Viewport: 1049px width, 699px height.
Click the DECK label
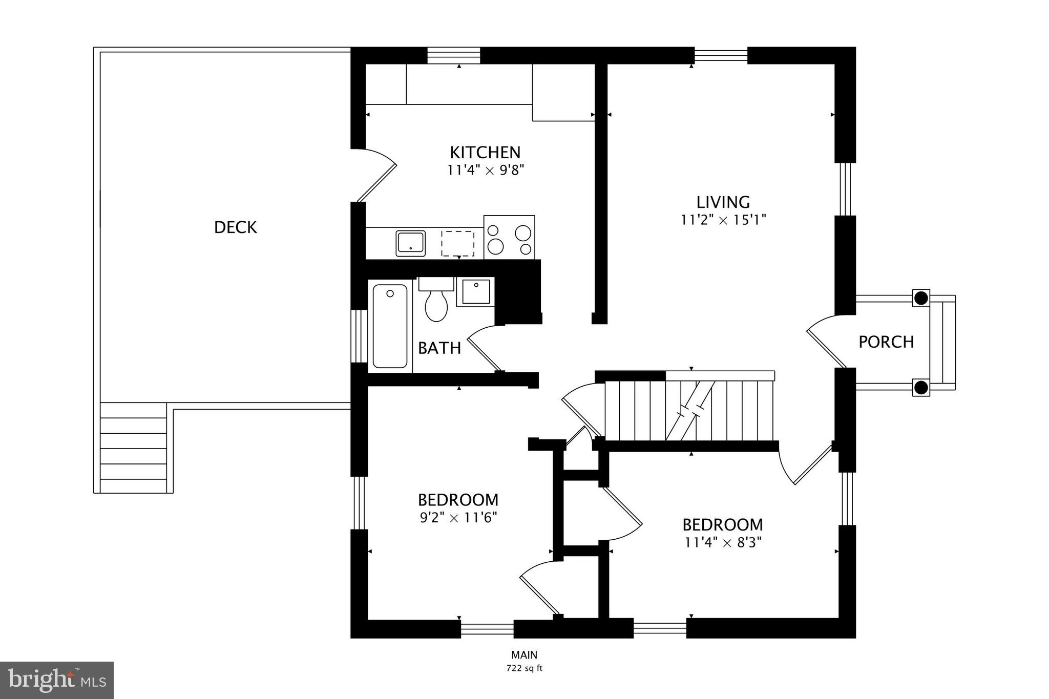point(235,227)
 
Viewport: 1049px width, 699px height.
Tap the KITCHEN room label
point(485,152)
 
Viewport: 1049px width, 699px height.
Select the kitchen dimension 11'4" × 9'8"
point(486,170)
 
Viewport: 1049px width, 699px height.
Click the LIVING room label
point(723,202)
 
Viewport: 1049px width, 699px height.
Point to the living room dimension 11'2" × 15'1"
point(723,220)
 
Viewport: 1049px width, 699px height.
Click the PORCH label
point(886,342)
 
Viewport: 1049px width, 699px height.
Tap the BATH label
point(439,348)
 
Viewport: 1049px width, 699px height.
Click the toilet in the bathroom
point(436,302)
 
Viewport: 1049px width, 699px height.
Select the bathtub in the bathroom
point(390,326)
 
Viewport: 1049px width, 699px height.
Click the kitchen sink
point(410,243)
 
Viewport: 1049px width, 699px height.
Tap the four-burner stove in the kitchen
point(509,237)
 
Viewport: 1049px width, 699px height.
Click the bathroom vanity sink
point(475,291)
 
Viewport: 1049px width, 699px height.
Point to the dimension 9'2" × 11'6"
point(458,518)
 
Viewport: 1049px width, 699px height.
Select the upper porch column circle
point(921,298)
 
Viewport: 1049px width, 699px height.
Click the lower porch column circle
point(921,388)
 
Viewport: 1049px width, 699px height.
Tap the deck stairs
point(134,448)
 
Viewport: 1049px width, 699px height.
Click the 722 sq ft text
point(524,668)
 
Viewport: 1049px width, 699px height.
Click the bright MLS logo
point(57,680)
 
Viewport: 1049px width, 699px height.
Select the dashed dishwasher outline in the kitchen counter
point(458,243)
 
